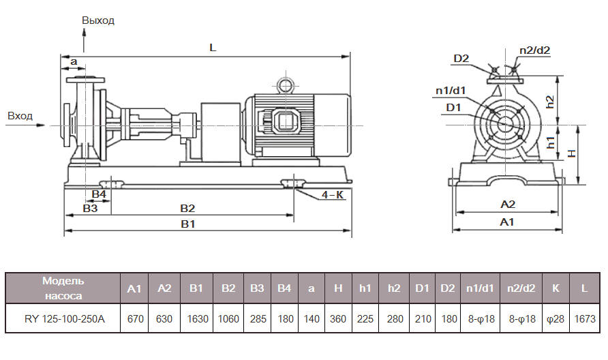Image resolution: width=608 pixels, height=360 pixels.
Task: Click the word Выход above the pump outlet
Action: (98, 20)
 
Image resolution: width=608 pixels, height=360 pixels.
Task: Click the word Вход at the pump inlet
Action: (20, 116)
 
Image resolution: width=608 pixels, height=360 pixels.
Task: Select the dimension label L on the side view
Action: (213, 48)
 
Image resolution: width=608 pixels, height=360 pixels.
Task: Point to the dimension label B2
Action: (187, 207)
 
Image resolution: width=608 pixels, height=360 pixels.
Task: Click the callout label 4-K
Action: (332, 195)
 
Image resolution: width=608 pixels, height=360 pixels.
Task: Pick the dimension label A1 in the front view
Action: (507, 222)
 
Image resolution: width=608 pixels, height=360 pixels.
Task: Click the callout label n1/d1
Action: (451, 90)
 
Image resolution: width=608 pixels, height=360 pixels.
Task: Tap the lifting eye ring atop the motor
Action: (284, 85)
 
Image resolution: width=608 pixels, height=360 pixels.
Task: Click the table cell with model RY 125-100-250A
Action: (65, 319)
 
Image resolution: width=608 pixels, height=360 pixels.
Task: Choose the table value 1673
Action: (584, 319)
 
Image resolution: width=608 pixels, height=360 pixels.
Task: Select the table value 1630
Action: (196, 319)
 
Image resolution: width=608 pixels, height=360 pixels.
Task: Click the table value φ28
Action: (556, 319)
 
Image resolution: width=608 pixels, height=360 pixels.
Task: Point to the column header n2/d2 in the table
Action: (519, 288)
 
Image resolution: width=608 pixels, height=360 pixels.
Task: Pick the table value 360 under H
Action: (338, 319)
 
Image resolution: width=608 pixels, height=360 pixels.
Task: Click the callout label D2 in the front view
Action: (461, 58)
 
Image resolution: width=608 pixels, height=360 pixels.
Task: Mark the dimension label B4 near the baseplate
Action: (99, 194)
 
